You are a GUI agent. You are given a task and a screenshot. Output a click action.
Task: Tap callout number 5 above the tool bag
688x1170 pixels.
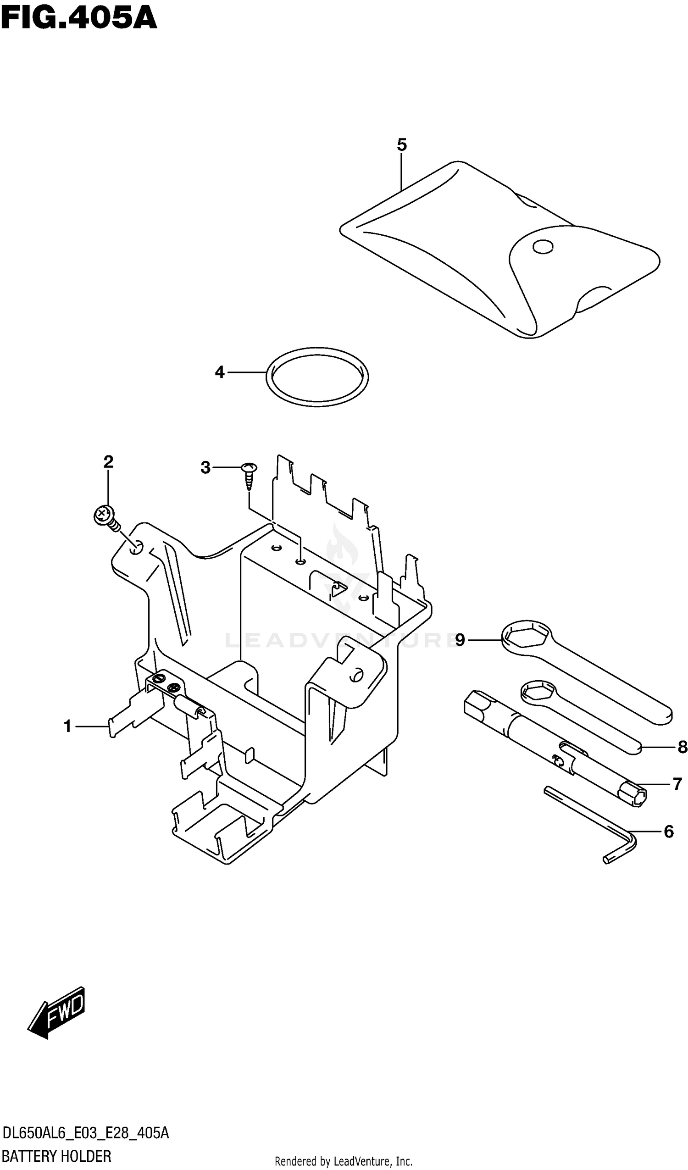pyautogui.click(x=402, y=145)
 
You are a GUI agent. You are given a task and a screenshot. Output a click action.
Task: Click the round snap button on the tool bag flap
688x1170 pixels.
pyautogui.click(x=543, y=247)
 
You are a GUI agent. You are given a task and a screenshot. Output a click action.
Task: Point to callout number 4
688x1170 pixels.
pyautogui.click(x=220, y=372)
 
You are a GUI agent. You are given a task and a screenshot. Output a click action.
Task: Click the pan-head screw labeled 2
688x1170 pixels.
pyautogui.click(x=104, y=516)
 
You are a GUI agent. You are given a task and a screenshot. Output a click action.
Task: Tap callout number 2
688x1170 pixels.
pyautogui.click(x=108, y=461)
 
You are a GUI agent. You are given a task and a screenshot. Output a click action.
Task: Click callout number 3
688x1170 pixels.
pyautogui.click(x=205, y=467)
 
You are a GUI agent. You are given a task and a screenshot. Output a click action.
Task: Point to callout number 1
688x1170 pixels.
pyautogui.click(x=68, y=726)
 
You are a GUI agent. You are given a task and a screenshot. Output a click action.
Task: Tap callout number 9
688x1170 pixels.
pyautogui.click(x=460, y=640)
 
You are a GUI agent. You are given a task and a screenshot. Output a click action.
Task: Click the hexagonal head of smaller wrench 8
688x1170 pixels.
pyautogui.click(x=538, y=693)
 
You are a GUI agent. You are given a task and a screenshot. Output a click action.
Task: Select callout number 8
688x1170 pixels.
pyautogui.click(x=682, y=747)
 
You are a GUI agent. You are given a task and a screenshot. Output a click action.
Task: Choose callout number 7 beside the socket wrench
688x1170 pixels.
pyautogui.click(x=677, y=784)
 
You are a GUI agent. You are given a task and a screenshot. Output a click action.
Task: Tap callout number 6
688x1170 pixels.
pyautogui.click(x=668, y=832)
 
